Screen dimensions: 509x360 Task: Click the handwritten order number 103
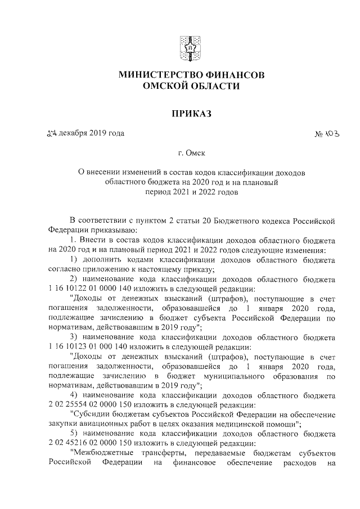point(332,134)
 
